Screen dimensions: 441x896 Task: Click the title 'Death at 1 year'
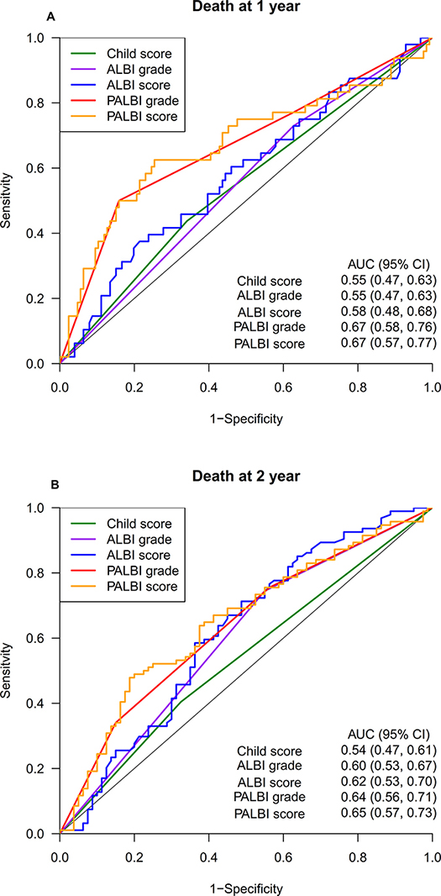coord(245,8)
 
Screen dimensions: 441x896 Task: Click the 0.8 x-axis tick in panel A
coord(358,385)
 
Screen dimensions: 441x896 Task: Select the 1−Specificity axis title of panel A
coord(245,419)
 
